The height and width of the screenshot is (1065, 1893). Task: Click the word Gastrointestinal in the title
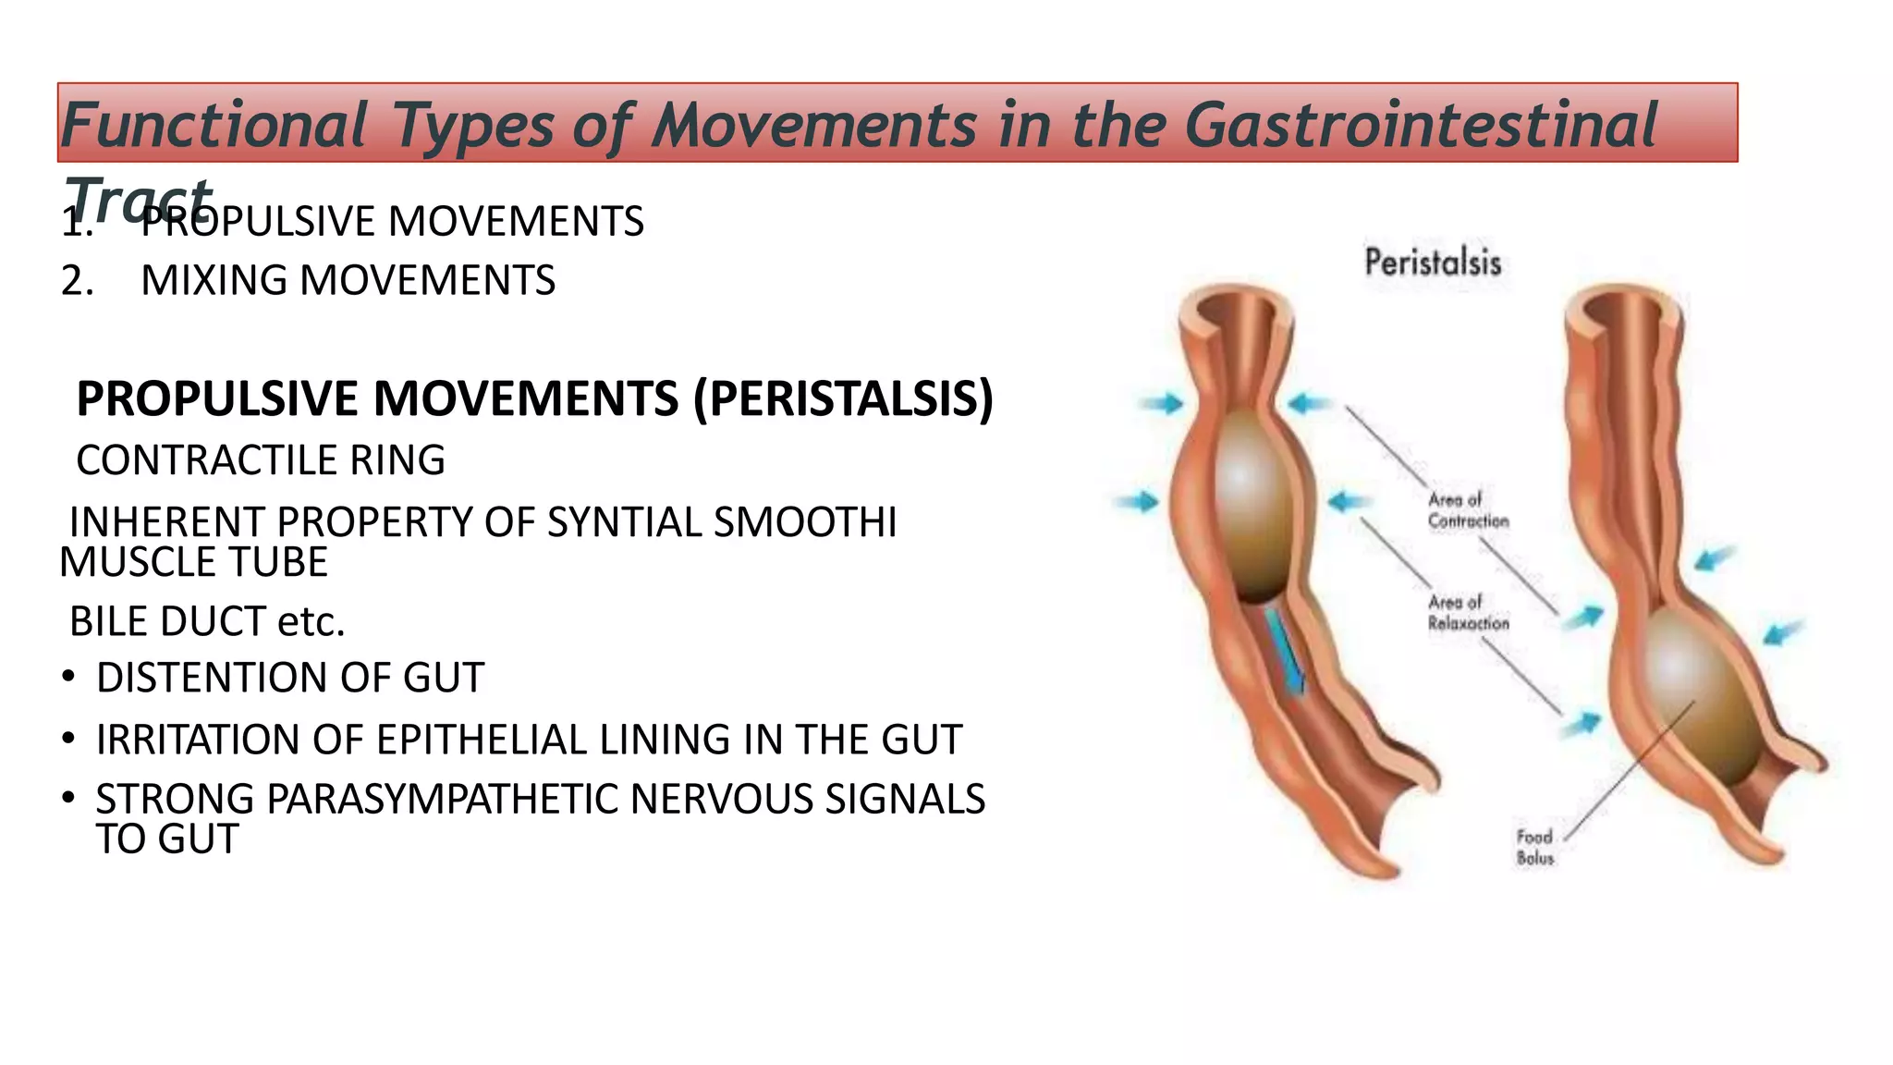(1421, 125)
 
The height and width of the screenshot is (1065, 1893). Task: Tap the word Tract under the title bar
(137, 199)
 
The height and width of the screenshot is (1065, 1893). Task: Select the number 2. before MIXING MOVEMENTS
(77, 280)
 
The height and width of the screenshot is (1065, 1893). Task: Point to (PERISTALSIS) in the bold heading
(843, 398)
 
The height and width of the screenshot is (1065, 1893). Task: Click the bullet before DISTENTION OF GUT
(68, 678)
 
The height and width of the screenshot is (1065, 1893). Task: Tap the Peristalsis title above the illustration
(1432, 263)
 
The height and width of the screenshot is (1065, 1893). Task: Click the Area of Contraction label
(1467, 510)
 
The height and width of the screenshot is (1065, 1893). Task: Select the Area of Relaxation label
(1467, 613)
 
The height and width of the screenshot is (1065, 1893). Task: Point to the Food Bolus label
(1534, 847)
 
